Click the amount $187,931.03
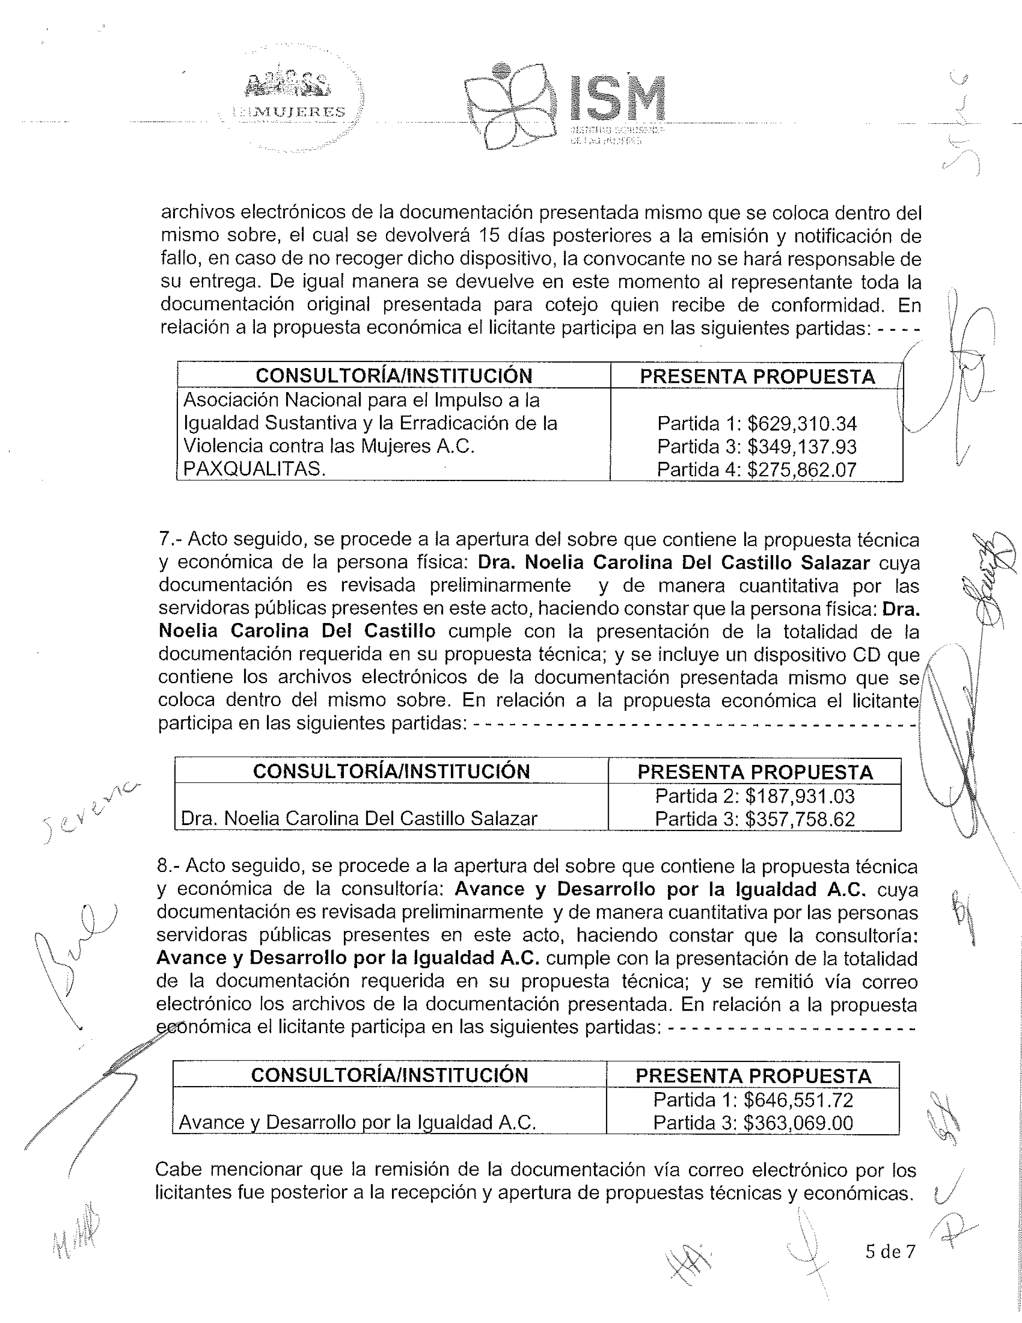coord(800,795)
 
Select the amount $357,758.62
coord(800,819)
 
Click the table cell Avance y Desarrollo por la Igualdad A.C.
coord(357,1123)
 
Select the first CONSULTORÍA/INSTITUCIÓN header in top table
coord(394,376)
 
